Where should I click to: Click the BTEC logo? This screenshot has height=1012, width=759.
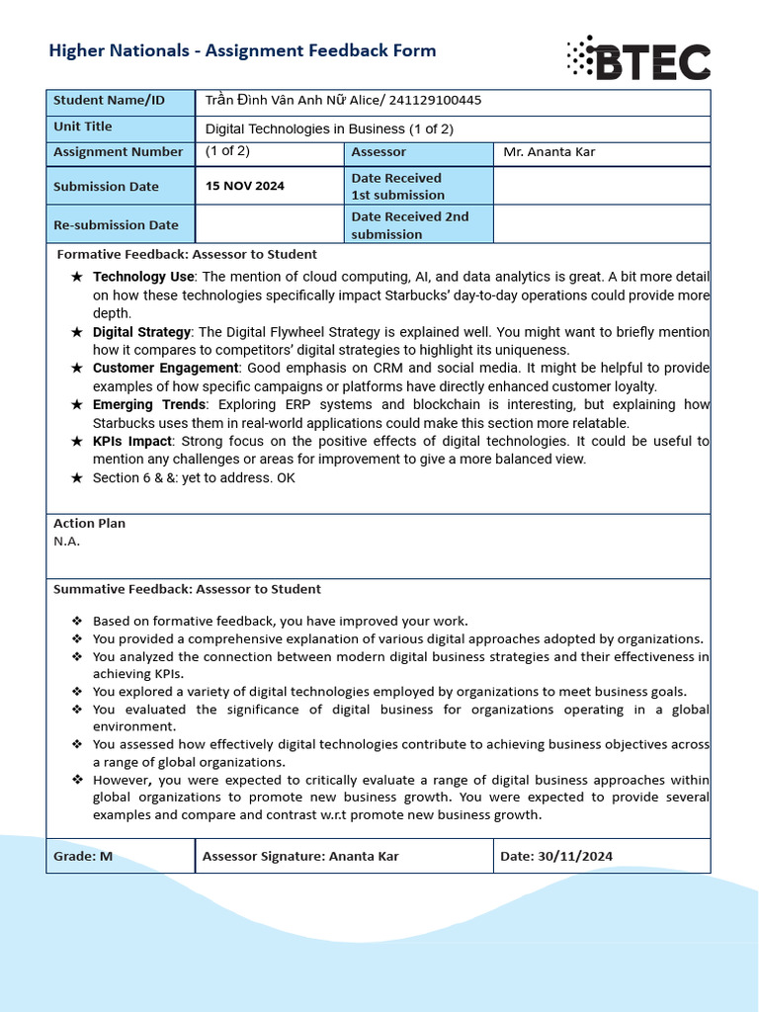(x=637, y=58)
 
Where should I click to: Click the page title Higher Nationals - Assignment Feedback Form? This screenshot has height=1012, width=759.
(x=242, y=51)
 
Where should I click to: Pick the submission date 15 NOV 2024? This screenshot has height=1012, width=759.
(x=245, y=186)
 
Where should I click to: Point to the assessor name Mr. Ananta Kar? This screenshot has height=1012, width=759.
(x=549, y=152)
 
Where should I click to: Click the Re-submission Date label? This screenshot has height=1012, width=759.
(x=116, y=225)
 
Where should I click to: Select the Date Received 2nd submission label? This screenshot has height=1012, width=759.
(x=409, y=225)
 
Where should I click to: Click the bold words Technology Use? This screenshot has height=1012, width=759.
(x=143, y=277)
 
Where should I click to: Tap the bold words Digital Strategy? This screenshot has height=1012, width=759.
(x=141, y=332)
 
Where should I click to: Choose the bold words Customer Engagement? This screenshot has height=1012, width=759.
(x=151, y=368)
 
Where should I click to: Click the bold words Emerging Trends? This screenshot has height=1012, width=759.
(x=136, y=404)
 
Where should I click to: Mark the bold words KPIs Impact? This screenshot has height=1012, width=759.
(x=132, y=441)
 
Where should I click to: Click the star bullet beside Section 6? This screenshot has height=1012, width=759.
(x=77, y=478)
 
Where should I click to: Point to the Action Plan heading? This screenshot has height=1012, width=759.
(x=89, y=524)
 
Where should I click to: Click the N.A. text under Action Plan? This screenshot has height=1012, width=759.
(x=66, y=541)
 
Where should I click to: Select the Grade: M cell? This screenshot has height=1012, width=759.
(x=121, y=856)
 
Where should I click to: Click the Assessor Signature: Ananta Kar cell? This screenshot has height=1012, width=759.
(x=300, y=856)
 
